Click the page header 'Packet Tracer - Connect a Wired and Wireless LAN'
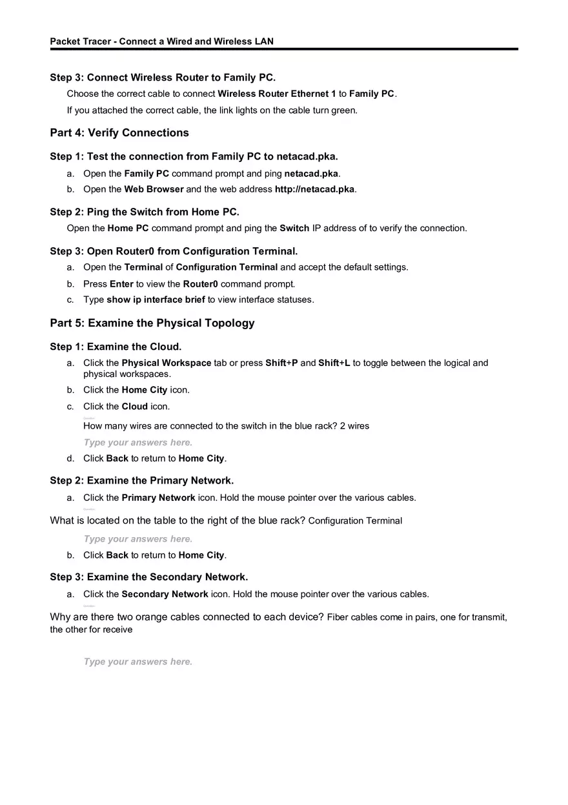pos(161,41)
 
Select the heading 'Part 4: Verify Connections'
pos(119,133)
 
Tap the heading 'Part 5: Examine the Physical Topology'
pos(152,323)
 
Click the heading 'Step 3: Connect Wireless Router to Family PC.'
pos(163,77)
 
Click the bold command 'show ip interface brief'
pos(156,300)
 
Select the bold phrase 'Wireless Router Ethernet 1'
pos(277,94)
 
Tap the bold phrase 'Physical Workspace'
pos(167,363)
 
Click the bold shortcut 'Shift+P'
pos(281,363)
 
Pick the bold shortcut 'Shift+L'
pos(334,363)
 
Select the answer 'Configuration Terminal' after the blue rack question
pos(355,521)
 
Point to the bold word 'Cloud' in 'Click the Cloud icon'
pos(134,407)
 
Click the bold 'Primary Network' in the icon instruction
pos(158,498)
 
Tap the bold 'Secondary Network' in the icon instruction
pos(165,594)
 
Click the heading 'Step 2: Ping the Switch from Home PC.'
pos(145,212)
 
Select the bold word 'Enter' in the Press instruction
pos(121,284)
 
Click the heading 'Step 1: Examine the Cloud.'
pos(116,347)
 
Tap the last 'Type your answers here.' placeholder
pos(138,662)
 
